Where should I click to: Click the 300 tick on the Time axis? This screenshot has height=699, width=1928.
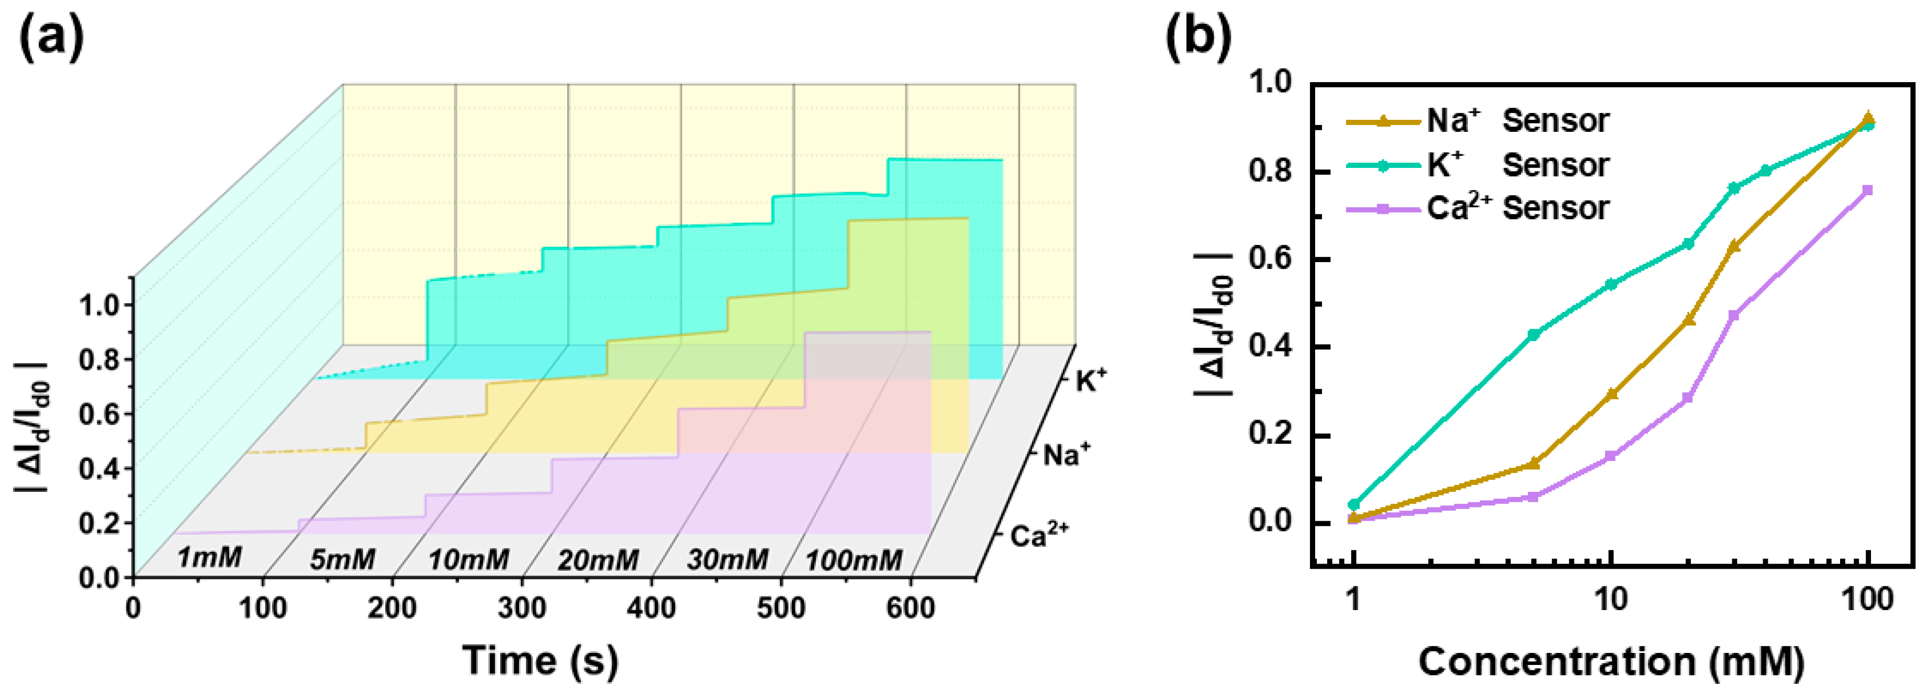coord(522,607)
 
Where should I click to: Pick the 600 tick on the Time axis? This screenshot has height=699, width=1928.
coord(910,607)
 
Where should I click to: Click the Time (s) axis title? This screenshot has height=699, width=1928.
coord(541,660)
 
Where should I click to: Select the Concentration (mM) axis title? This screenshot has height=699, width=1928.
coord(1611,661)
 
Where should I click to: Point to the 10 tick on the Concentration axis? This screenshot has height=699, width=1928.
coord(1611,600)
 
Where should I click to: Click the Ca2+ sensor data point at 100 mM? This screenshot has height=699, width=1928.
coord(1868,190)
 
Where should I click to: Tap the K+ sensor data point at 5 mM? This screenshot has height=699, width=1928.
coord(1533,334)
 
